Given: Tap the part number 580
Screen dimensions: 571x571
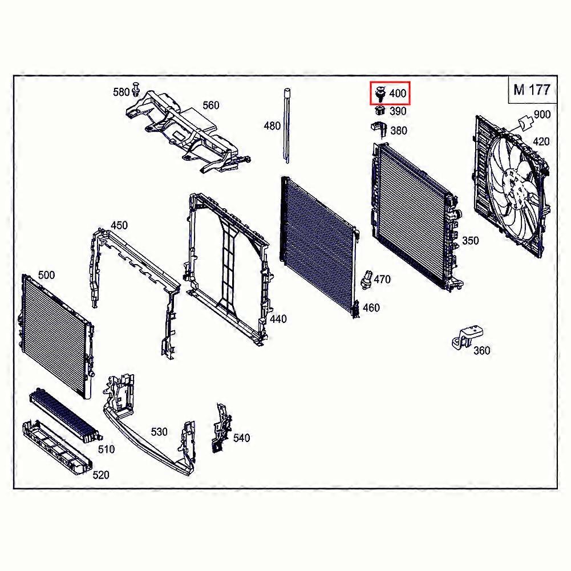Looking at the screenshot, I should [x=121, y=91].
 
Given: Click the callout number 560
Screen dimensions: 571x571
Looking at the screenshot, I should [x=210, y=106].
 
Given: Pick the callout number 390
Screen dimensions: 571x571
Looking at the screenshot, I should [x=398, y=112].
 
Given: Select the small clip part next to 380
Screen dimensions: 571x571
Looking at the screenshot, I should [x=378, y=128].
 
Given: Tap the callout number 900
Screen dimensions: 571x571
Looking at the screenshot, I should [x=542, y=114].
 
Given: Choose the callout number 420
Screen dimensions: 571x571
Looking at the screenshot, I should [x=541, y=141].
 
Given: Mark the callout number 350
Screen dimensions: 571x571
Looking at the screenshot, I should [x=470, y=241].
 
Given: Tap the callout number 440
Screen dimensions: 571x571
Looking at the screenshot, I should [x=278, y=319].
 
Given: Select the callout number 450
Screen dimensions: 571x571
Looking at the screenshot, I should [x=119, y=225].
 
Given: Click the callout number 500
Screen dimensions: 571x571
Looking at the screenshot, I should [x=46, y=275].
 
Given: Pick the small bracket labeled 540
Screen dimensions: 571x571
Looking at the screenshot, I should [x=220, y=428].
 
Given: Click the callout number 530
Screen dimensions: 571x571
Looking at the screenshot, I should [x=159, y=432].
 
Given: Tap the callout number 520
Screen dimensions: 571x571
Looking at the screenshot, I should [x=100, y=475].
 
